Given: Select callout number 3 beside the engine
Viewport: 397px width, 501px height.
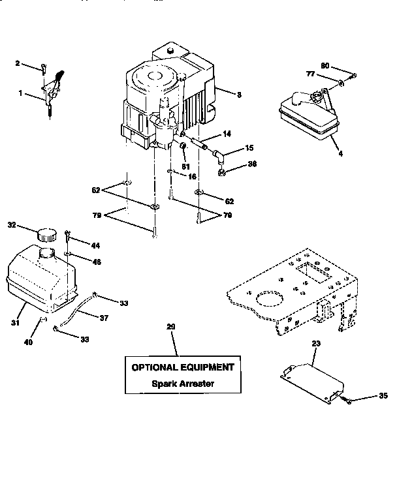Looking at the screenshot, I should [x=240, y=95].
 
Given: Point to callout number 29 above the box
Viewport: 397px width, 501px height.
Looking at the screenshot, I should [x=172, y=326].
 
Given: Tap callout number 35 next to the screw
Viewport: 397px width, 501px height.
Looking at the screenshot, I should [x=384, y=395].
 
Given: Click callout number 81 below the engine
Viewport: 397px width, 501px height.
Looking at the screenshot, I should [x=185, y=165].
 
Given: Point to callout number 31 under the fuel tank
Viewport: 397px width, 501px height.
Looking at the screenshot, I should [x=14, y=322].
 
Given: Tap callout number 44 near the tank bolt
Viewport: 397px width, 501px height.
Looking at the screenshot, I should [x=95, y=245].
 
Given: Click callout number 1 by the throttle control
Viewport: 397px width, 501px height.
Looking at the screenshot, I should [x=21, y=94].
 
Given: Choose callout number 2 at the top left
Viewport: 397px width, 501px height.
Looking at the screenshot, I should [x=18, y=63].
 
